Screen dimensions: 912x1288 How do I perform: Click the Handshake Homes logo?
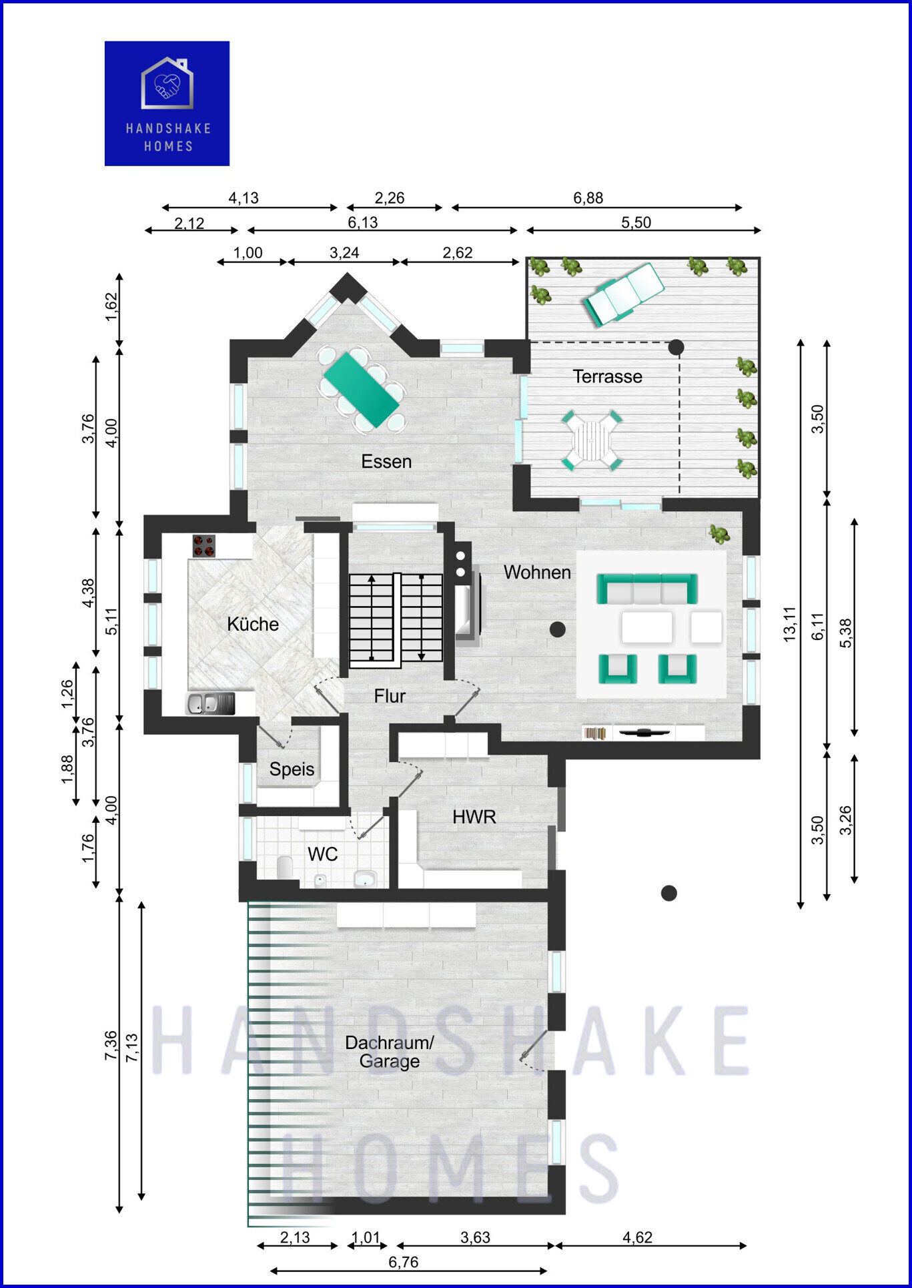click(167, 103)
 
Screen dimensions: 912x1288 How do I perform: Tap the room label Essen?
click(386, 461)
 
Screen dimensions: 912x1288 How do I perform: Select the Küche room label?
click(253, 624)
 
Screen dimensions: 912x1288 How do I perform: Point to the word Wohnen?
click(537, 572)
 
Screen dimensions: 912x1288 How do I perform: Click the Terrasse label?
click(607, 376)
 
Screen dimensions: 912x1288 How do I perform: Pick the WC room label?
click(323, 854)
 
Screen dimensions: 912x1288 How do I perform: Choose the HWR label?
click(474, 816)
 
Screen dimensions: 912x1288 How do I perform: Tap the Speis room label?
click(292, 769)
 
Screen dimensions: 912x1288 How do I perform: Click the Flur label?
click(390, 696)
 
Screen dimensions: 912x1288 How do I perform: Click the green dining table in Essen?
click(360, 390)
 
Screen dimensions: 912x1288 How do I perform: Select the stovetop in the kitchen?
click(204, 546)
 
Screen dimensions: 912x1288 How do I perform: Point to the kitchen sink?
click(209, 703)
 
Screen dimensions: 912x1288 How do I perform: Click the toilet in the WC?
click(285, 867)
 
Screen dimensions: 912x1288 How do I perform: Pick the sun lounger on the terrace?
click(624, 294)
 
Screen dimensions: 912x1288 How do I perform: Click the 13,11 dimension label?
click(790, 624)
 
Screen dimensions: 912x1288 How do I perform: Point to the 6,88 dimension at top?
click(588, 198)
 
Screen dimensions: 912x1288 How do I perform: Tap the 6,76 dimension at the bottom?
click(404, 1262)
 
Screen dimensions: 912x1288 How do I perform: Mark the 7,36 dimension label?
click(111, 1045)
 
